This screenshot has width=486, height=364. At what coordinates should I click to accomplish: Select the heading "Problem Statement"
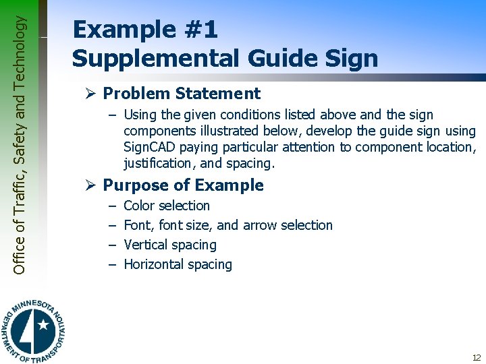(182, 94)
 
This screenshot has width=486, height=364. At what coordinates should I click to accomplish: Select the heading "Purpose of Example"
(183, 185)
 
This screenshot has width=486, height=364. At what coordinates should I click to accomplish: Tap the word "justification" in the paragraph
(158, 163)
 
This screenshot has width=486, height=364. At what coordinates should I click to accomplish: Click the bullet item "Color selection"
(167, 206)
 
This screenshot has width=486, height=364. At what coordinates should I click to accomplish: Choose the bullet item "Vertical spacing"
(170, 245)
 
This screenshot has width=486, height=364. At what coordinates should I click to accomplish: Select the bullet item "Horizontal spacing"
(178, 264)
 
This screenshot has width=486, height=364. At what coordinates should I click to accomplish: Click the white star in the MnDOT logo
(43, 326)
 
